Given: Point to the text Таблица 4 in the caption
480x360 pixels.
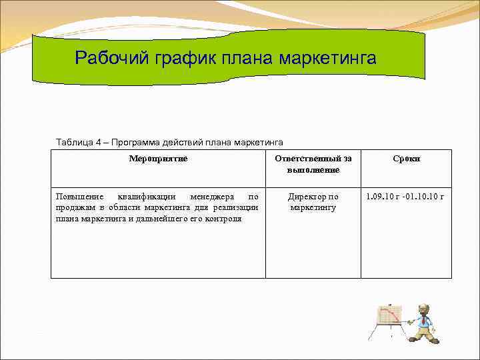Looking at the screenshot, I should click(x=78, y=142).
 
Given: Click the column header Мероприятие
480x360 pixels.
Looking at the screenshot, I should click(x=158, y=159).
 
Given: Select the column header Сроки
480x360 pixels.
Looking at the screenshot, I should click(x=406, y=159).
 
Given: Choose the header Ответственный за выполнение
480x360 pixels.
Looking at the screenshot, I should click(x=313, y=164).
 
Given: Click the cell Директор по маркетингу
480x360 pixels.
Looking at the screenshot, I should click(x=313, y=202).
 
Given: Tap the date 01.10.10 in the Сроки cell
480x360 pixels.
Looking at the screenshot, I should click(x=422, y=197).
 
